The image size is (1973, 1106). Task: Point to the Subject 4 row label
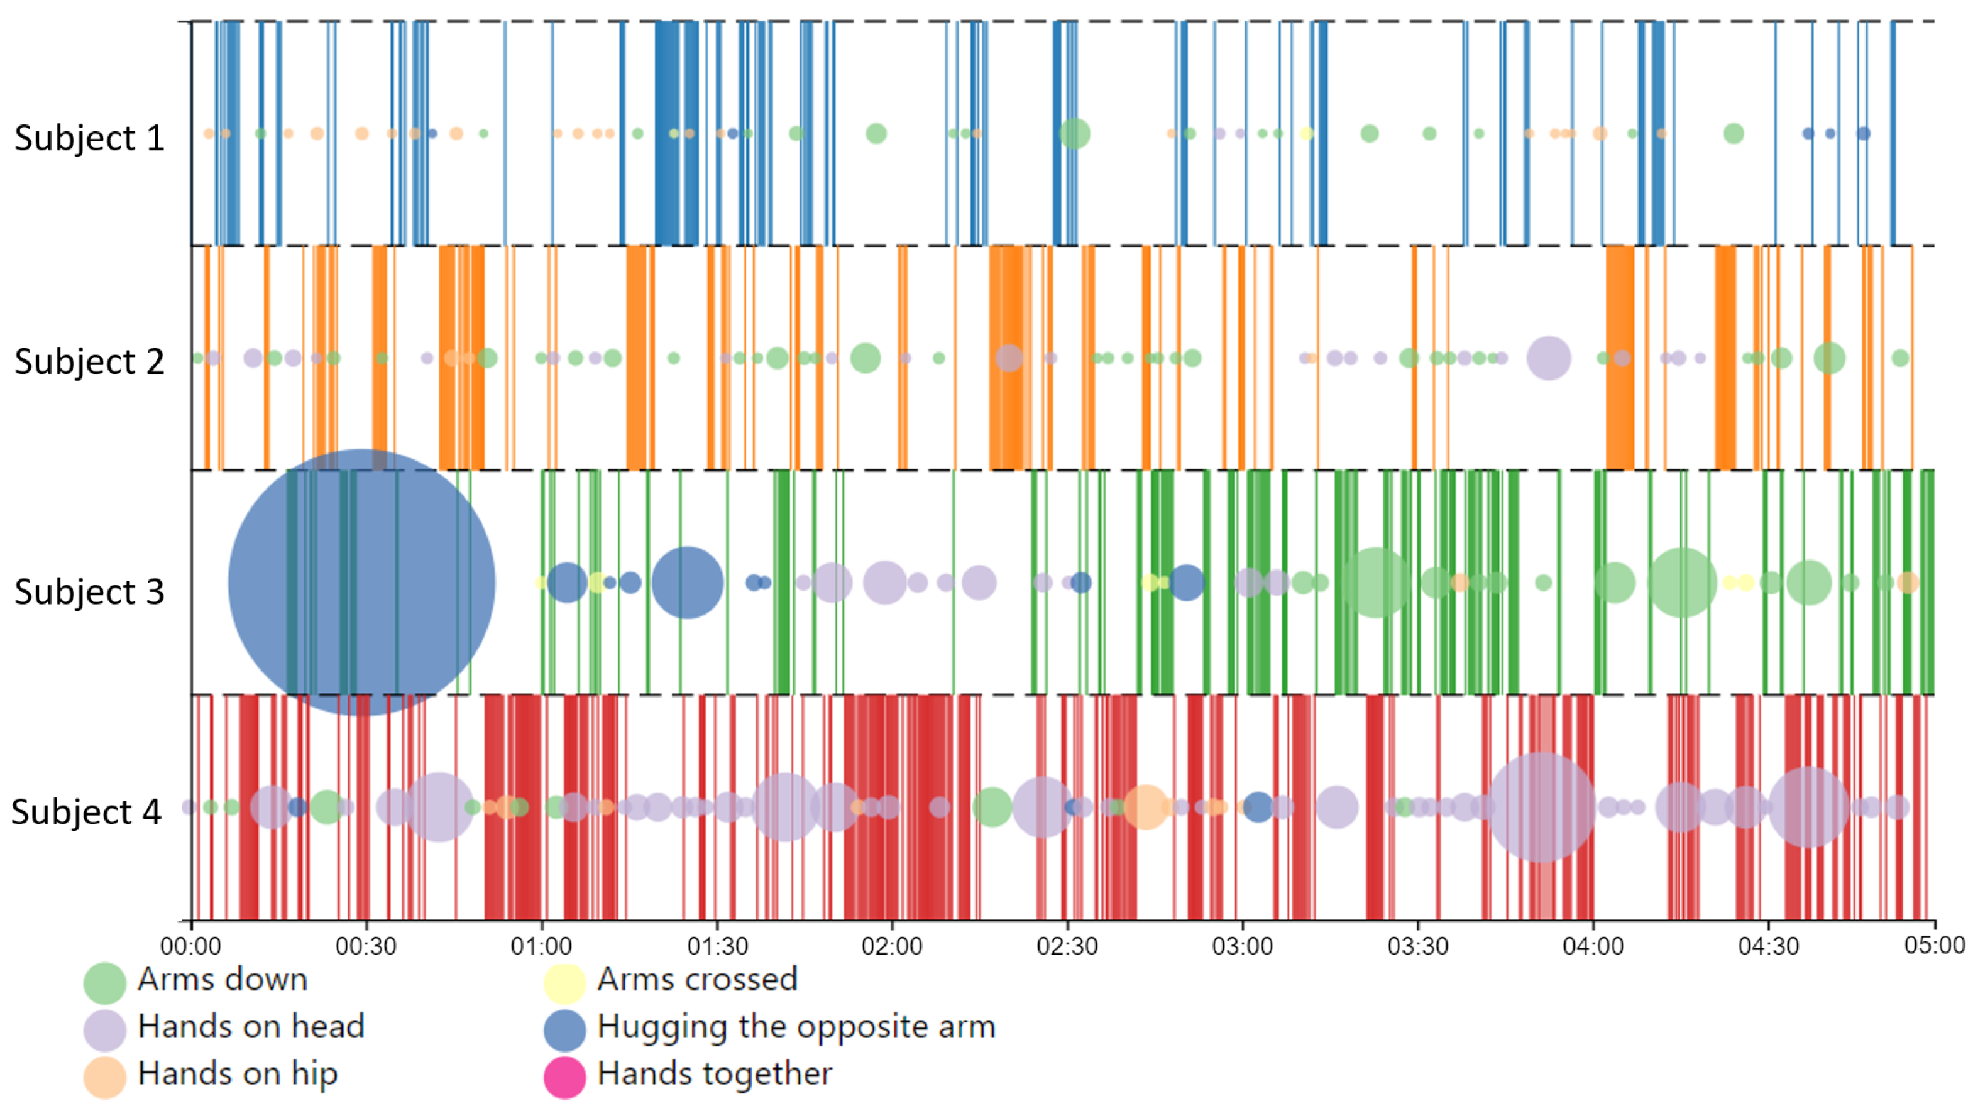(87, 812)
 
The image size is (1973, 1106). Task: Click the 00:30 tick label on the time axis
(365, 946)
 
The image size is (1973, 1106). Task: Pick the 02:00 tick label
(891, 946)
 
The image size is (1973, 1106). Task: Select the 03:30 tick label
(1418, 946)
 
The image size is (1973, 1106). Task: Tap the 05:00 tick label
(1935, 945)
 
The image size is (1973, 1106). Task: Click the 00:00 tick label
(190, 946)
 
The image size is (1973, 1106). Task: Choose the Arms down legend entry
(222, 980)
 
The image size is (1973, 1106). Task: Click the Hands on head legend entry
(250, 1027)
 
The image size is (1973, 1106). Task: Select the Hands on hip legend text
(238, 1074)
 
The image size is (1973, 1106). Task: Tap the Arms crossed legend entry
(697, 980)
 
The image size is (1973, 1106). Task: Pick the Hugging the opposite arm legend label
(796, 1027)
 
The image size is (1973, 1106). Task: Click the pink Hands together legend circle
(564, 1076)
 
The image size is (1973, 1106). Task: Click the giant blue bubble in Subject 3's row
(361, 582)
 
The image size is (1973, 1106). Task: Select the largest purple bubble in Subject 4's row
(1541, 806)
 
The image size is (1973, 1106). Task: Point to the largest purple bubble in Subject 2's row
(1549, 358)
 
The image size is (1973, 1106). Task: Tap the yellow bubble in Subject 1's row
(1307, 133)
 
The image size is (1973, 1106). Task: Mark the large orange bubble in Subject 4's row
(1145, 806)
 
